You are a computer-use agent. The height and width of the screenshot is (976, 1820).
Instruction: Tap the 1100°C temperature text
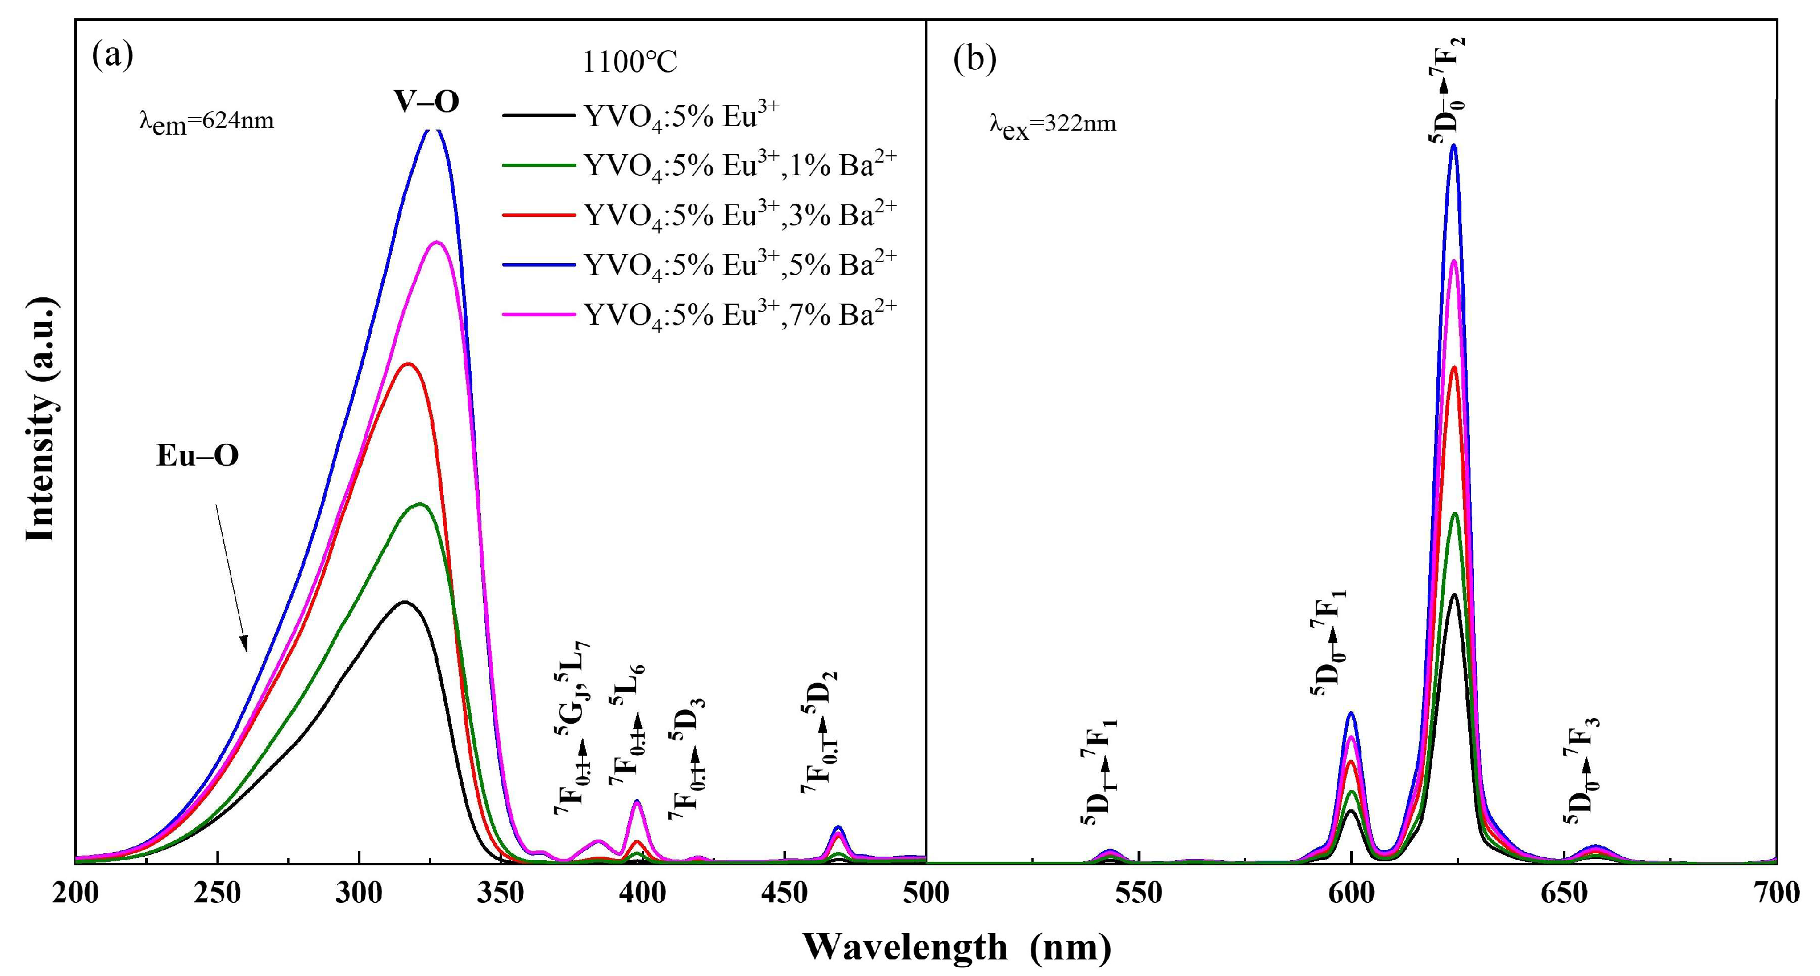click(x=629, y=63)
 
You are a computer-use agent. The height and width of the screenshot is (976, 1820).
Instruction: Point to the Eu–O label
click(x=198, y=456)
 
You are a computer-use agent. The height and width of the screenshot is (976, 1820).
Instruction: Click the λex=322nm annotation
click(x=1052, y=125)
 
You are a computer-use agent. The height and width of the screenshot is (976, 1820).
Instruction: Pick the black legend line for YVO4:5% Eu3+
click(x=539, y=114)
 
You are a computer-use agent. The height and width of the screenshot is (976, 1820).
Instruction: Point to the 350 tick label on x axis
click(x=500, y=893)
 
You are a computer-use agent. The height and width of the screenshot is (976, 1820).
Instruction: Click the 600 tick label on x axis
click(x=1351, y=893)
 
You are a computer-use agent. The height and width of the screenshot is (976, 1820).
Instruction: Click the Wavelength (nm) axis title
click(x=957, y=947)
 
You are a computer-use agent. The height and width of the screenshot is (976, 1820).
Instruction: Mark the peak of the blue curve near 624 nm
click(x=1453, y=146)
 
